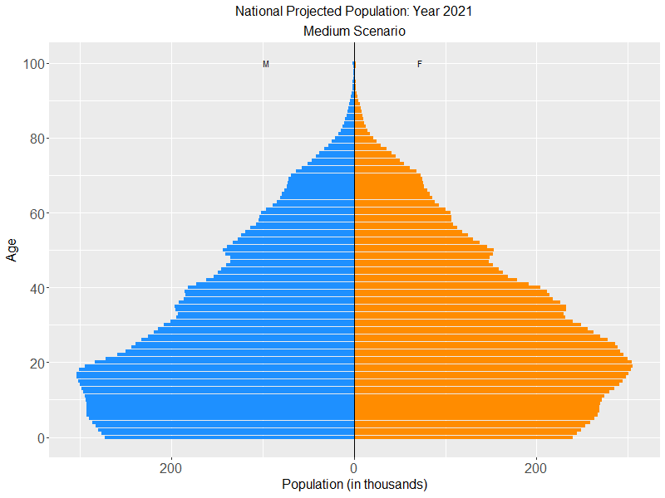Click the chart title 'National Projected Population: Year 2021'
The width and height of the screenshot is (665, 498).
(x=354, y=12)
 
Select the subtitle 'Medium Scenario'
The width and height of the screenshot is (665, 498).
(x=354, y=32)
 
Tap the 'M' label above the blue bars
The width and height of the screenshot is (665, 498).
(x=266, y=64)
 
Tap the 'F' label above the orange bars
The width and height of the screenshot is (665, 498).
(x=419, y=64)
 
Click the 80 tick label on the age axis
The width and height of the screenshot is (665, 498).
(x=37, y=139)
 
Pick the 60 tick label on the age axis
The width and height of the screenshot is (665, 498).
(x=37, y=213)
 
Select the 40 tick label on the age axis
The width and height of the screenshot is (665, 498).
(x=37, y=288)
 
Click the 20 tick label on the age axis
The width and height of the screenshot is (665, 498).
(x=37, y=363)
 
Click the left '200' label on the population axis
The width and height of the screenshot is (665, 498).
(x=171, y=467)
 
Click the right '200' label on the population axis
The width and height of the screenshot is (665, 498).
(x=537, y=467)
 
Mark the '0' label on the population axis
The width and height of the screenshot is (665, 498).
(x=354, y=467)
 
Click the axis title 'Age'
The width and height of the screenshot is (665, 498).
(x=12, y=249)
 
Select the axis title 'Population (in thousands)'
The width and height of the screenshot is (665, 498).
(x=354, y=484)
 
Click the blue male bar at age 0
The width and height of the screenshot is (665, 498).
(x=229, y=437)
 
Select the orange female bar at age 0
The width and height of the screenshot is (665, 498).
(x=463, y=437)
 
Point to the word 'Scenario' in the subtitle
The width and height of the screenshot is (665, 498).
(x=379, y=32)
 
